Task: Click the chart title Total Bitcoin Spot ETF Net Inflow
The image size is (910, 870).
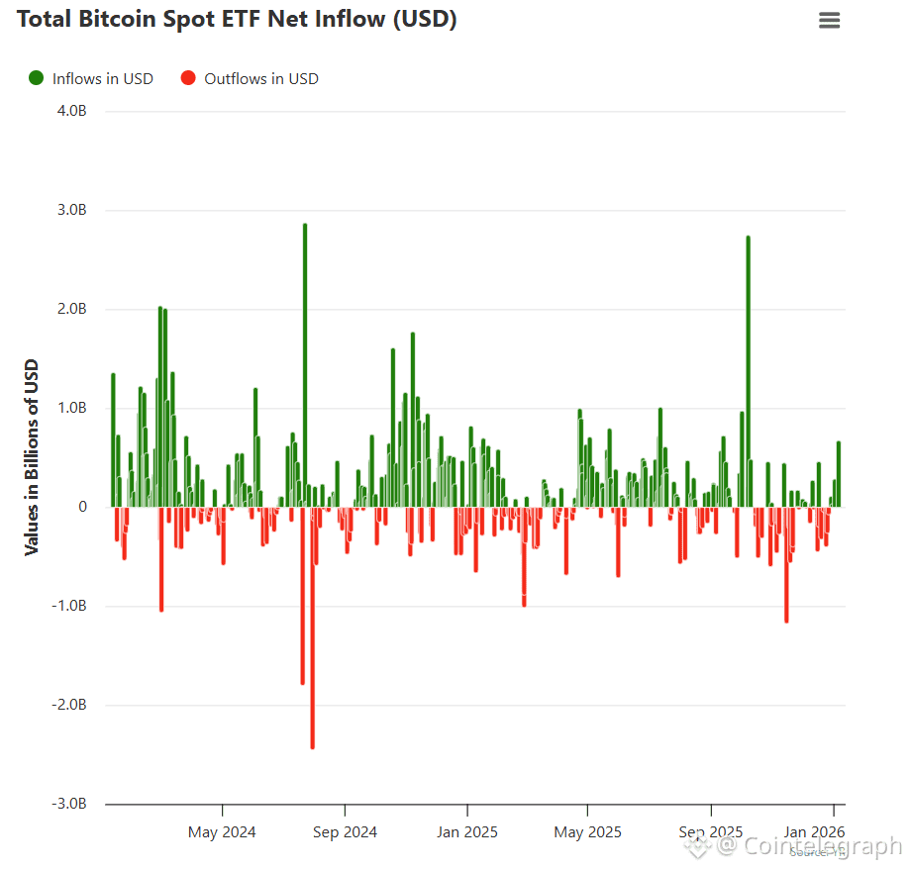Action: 238,19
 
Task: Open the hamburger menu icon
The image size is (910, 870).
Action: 829,20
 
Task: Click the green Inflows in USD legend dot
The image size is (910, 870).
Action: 37,78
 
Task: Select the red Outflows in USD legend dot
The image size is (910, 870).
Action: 188,78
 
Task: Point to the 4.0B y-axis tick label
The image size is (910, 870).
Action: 72,111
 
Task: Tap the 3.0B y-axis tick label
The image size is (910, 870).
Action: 72,210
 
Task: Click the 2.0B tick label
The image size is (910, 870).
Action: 72,309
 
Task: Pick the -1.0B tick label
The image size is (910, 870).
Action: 70,606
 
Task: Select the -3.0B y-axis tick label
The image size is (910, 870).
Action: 70,804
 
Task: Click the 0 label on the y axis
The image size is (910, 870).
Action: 83,507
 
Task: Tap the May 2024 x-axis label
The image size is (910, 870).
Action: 222,831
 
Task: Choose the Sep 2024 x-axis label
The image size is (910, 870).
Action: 344,831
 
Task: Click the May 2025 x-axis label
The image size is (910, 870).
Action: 587,831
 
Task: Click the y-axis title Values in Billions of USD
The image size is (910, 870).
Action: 32,456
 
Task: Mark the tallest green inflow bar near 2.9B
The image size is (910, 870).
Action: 305,366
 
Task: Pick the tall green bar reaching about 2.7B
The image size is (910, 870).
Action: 748,371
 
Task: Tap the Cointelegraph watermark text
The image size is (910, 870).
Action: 810,846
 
